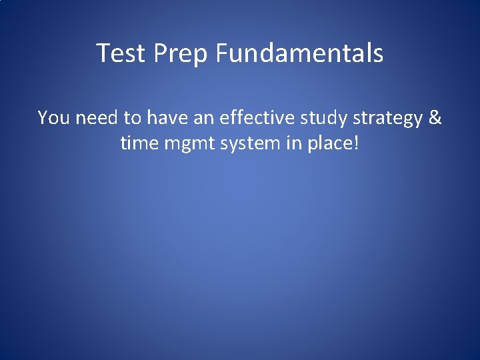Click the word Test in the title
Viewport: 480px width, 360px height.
point(121,53)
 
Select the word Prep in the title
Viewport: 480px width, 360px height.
point(181,53)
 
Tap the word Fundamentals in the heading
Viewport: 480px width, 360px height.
point(299,53)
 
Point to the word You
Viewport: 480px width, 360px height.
point(53,118)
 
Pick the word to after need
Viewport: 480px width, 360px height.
point(133,118)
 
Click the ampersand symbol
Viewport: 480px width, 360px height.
point(435,118)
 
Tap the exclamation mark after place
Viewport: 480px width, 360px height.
point(356,143)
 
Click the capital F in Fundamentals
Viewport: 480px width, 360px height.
point(221,53)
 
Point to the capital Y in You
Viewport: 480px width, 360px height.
point(43,118)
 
